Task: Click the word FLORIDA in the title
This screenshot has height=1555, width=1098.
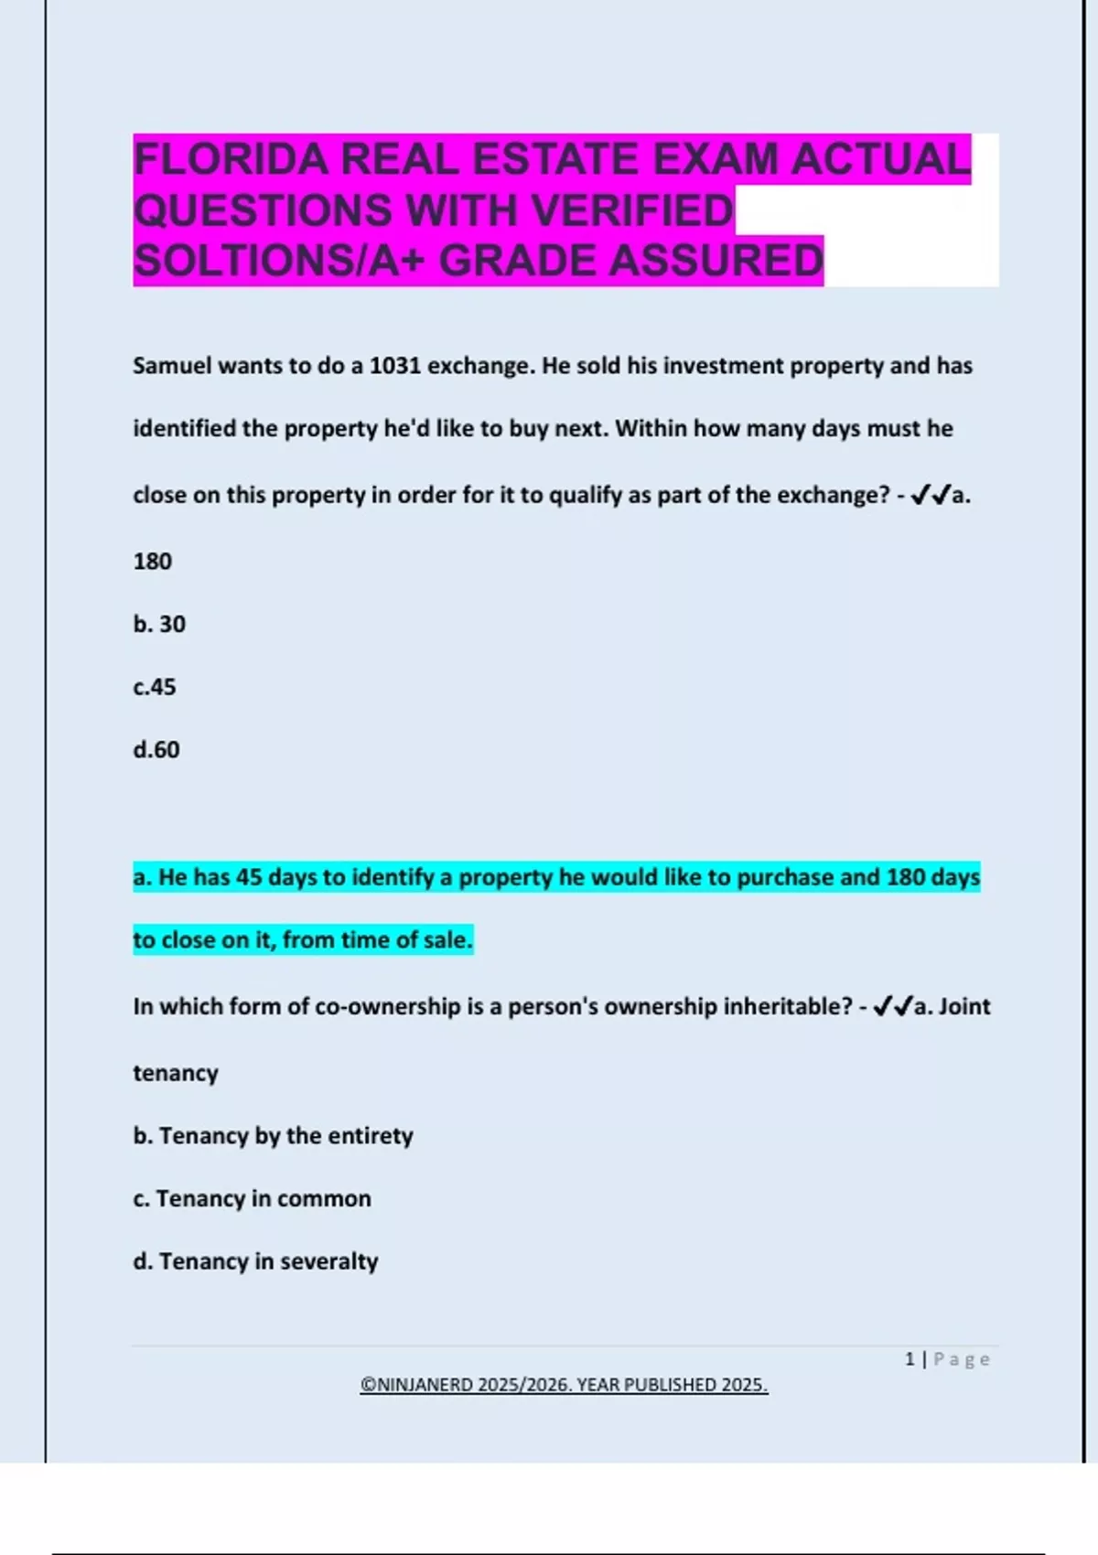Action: [x=231, y=160]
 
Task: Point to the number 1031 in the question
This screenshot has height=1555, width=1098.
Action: [x=395, y=366]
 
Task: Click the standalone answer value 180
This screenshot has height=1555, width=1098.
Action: [x=152, y=561]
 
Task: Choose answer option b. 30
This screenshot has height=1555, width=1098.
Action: [x=159, y=624]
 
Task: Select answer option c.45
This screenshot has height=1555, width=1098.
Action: [x=155, y=687]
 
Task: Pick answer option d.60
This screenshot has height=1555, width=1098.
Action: [x=156, y=750]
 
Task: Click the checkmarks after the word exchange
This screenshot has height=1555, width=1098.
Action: [x=931, y=496]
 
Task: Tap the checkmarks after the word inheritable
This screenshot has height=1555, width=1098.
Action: [x=893, y=1007]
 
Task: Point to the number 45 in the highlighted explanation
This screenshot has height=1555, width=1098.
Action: [x=249, y=877]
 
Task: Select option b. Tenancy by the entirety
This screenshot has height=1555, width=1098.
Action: [x=273, y=1136]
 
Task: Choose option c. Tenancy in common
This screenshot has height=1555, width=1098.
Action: [x=252, y=1199]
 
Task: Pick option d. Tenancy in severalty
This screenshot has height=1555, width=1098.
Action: [x=255, y=1261]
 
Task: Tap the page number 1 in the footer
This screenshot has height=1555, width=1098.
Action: [x=910, y=1359]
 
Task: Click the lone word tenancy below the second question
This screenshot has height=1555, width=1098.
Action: [x=176, y=1073]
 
